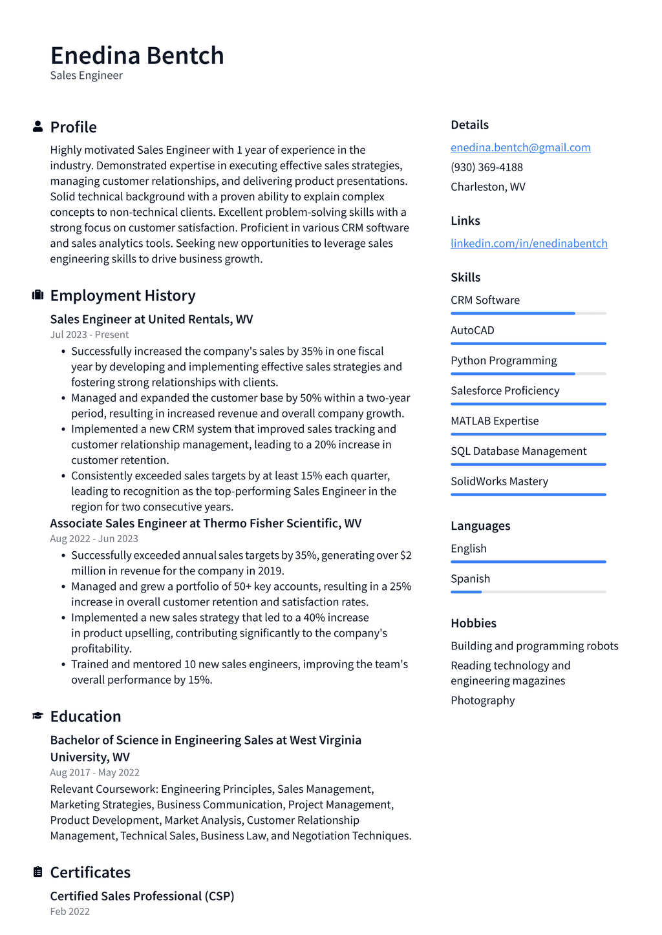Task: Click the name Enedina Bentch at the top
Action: click(137, 56)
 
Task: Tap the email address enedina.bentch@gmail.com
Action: click(520, 147)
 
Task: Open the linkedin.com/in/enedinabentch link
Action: click(529, 243)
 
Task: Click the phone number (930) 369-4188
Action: click(486, 167)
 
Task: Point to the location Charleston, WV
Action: click(487, 187)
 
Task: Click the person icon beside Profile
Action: click(37, 127)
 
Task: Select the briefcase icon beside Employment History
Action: click(37, 295)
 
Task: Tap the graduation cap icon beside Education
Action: click(37, 716)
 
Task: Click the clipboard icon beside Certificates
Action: click(37, 872)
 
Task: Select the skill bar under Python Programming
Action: click(528, 373)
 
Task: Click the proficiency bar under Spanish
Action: click(528, 592)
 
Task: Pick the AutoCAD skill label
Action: click(472, 330)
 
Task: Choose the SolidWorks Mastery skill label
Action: click(499, 481)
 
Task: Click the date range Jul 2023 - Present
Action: click(89, 335)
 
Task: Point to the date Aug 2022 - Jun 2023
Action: click(94, 539)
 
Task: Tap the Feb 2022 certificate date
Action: click(70, 912)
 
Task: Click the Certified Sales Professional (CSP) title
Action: click(142, 896)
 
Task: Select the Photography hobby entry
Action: click(482, 700)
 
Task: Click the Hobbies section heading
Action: click(473, 623)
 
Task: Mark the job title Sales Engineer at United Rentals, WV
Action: click(151, 319)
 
